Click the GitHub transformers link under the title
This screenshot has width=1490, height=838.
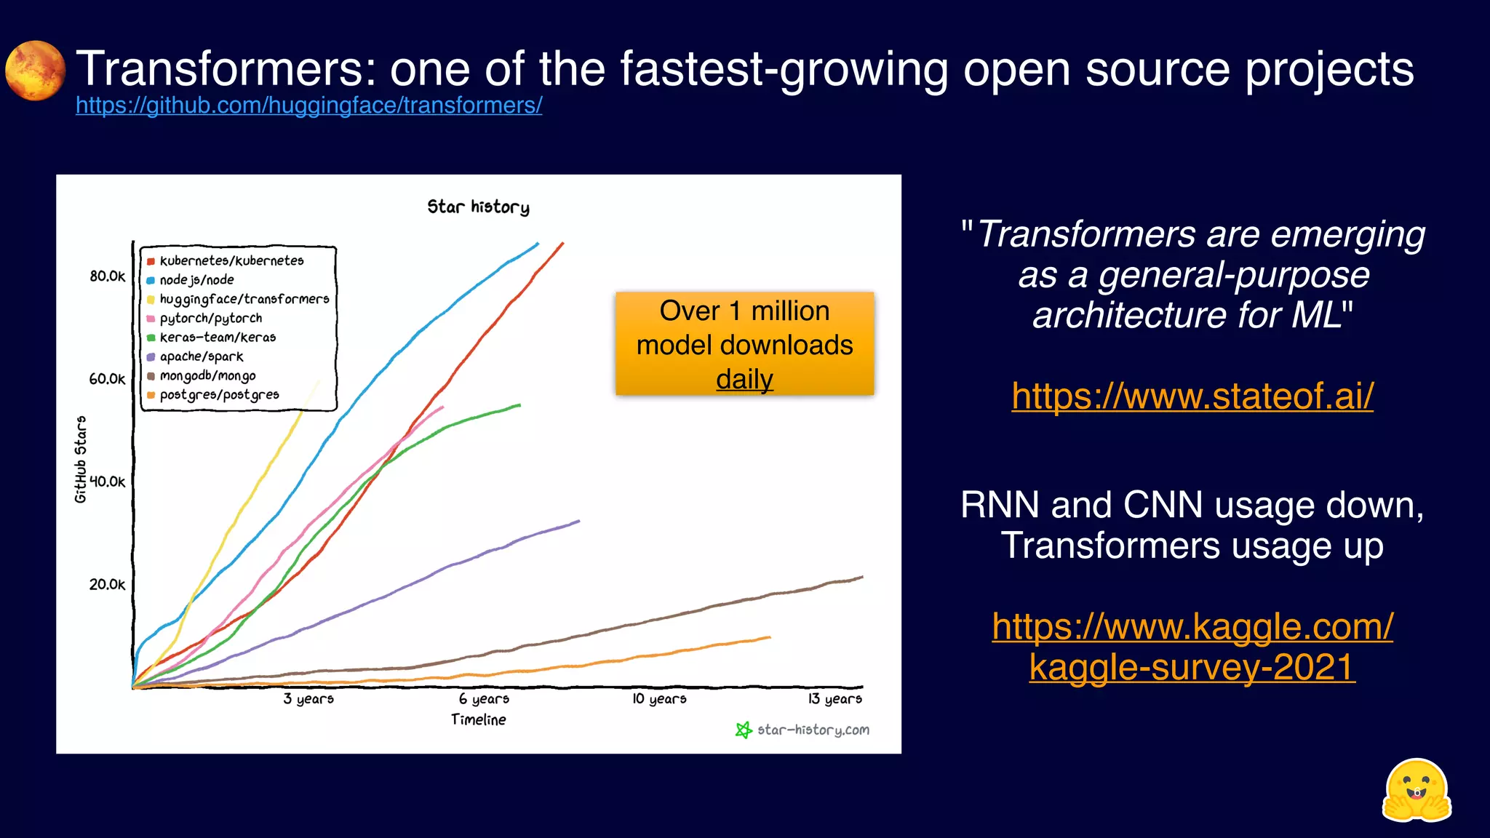[308, 106]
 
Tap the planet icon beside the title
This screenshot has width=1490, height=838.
[35, 71]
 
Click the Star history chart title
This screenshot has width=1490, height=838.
[478, 207]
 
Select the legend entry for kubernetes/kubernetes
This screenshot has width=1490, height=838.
[231, 261]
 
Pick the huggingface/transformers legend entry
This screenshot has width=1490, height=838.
[244, 300]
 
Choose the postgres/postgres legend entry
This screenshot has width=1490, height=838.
[219, 395]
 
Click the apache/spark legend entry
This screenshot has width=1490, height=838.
[202, 357]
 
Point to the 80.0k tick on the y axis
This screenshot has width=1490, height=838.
[107, 276]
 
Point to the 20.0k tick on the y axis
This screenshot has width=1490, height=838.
[107, 585]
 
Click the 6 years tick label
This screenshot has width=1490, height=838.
[484, 699]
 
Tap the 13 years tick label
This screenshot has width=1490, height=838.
[834, 699]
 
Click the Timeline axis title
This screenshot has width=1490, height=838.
[478, 720]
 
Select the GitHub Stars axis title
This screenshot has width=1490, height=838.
[81, 459]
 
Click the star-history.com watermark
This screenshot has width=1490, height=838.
[812, 730]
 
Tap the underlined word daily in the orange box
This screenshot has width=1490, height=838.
[744, 379]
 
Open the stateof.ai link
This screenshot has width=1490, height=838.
[1192, 396]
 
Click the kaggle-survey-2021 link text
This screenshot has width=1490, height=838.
[1192, 667]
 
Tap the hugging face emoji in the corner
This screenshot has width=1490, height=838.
[1416, 791]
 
